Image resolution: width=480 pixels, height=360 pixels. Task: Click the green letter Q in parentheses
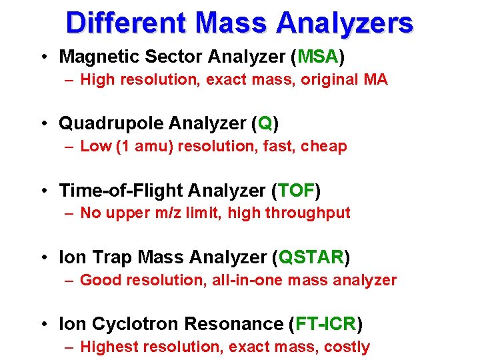click(265, 124)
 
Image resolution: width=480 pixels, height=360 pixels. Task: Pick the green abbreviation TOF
click(295, 191)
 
